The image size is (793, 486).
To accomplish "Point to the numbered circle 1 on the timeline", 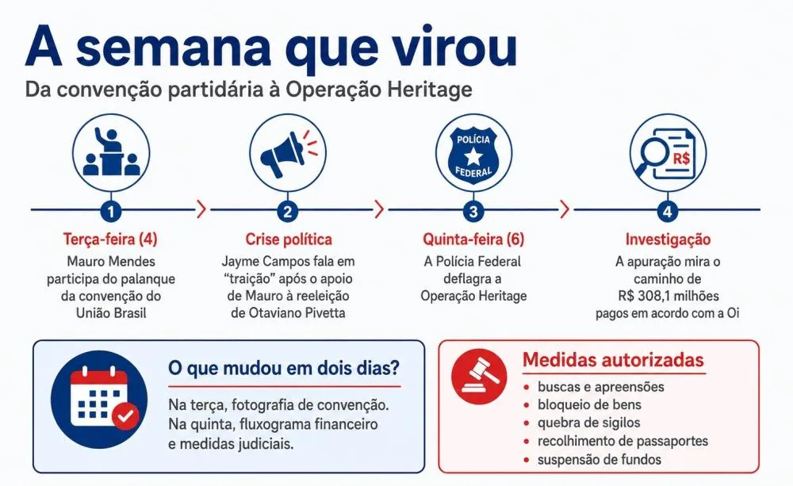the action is pyautogui.click(x=111, y=211).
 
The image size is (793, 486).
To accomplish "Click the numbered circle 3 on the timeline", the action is pyautogui.click(x=473, y=211).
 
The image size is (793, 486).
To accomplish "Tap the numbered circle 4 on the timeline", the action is pyautogui.click(x=667, y=211).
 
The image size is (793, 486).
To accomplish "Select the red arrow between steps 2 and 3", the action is pyautogui.click(x=379, y=209).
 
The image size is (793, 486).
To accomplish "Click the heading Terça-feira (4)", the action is pyautogui.click(x=110, y=239).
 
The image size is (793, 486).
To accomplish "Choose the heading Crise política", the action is pyautogui.click(x=289, y=239).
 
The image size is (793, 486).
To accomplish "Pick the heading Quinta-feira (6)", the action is pyautogui.click(x=473, y=239).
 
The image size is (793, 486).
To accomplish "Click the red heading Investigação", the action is pyautogui.click(x=668, y=239).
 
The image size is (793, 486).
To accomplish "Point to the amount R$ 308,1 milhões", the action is pyautogui.click(x=668, y=296).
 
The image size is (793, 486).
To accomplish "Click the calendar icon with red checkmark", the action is pyautogui.click(x=100, y=400).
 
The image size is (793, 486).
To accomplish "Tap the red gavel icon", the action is pyautogui.click(x=478, y=377).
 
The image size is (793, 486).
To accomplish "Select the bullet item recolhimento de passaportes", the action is pyautogui.click(x=623, y=441).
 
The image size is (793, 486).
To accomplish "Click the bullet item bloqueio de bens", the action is pyautogui.click(x=589, y=404).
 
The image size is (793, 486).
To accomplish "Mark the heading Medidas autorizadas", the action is pyautogui.click(x=613, y=360).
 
